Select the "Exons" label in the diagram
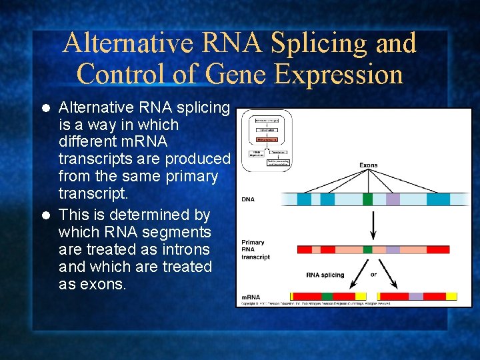click(x=369, y=165)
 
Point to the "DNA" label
click(x=249, y=199)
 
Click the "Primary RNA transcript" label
click(x=256, y=249)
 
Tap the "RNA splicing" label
click(x=325, y=275)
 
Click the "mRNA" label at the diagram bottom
click(x=251, y=297)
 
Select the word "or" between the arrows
click(x=374, y=274)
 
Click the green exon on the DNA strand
click(x=367, y=199)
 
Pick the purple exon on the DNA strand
click(x=393, y=199)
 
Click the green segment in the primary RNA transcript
click(x=367, y=249)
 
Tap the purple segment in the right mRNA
click(x=416, y=296)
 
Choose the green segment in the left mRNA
click(x=327, y=296)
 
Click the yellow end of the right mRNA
click(x=451, y=296)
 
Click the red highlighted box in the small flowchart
click(x=267, y=140)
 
